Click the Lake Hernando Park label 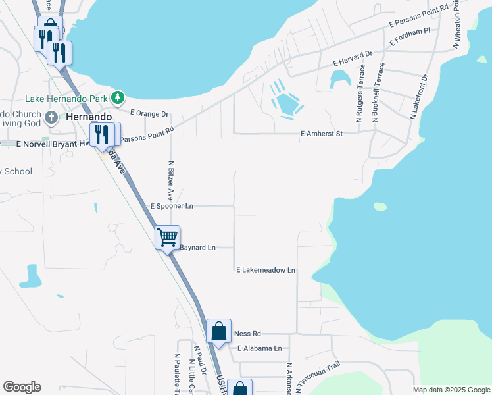(x=66, y=99)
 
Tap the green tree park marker (x=118, y=98)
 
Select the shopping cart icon (x=167, y=236)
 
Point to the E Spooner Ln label (x=172, y=206)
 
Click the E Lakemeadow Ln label (x=266, y=270)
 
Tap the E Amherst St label (x=322, y=134)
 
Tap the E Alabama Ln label (x=259, y=348)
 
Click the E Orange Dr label (x=149, y=113)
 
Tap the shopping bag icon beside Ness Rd (x=218, y=330)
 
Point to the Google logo (x=22, y=387)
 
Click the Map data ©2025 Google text (x=451, y=390)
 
